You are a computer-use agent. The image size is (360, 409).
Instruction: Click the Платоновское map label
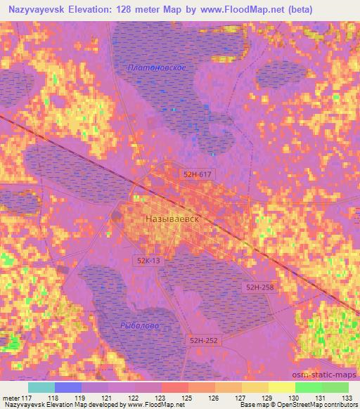[157, 67]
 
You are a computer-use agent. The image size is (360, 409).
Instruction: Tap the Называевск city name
[172, 219]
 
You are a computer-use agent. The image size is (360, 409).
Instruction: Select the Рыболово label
[140, 326]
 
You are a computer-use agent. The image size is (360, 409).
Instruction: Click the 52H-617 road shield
[196, 174]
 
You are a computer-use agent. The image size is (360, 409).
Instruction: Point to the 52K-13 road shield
[149, 261]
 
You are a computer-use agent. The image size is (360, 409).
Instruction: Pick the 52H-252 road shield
[204, 340]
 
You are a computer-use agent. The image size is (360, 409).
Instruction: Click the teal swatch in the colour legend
[41, 387]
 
